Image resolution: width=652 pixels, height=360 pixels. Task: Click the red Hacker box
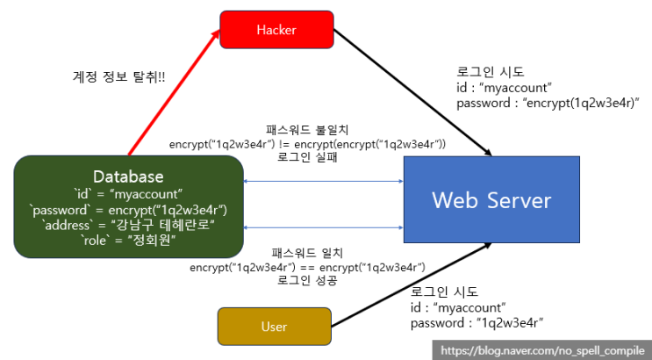coord(276,29)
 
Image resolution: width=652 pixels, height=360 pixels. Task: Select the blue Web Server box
coord(491,199)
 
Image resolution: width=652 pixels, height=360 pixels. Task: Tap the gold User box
coord(274,327)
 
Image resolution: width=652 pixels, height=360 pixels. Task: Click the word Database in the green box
coord(129,176)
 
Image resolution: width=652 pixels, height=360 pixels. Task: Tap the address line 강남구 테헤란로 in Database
coord(129,226)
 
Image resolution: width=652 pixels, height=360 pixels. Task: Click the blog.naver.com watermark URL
coord(542,349)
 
